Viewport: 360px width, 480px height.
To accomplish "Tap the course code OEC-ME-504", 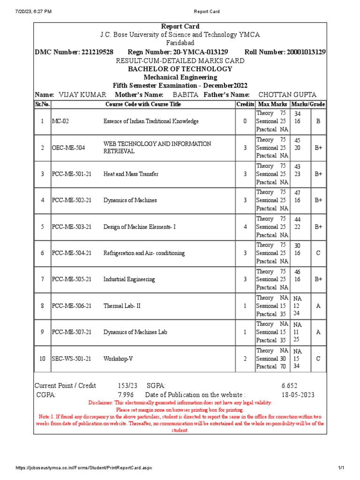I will [68, 148].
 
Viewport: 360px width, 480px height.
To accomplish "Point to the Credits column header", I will [245, 104].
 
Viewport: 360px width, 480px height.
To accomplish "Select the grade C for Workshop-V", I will [318, 359].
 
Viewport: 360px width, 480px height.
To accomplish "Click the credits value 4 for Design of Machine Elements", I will [245, 227].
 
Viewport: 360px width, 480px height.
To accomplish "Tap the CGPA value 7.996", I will [126, 395].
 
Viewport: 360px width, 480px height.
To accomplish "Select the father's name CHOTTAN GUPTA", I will [288, 95].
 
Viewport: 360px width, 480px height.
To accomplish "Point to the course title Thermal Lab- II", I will [122, 306].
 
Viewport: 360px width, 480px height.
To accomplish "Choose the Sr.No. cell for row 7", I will [42, 279].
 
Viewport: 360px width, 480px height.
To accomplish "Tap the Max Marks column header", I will [272, 104].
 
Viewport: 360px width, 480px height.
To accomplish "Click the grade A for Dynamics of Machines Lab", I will [318, 332].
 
